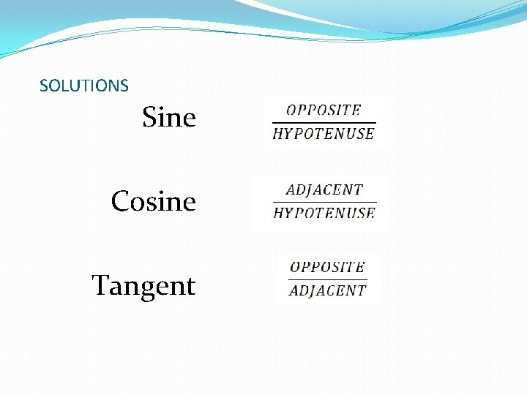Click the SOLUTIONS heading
(83, 86)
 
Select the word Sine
(169, 117)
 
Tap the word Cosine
(154, 201)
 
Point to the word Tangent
(143, 285)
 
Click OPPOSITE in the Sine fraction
(324, 110)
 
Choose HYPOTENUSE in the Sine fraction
(324, 133)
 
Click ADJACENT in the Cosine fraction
(324, 189)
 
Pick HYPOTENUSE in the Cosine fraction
(324, 213)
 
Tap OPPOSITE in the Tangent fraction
(327, 267)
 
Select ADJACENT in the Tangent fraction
(327, 290)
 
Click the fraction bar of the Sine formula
(324, 122)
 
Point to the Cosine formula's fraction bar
(324, 201)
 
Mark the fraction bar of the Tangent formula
(327, 279)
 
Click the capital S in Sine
(150, 117)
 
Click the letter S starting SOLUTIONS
(43, 86)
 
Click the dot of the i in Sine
(165, 108)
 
